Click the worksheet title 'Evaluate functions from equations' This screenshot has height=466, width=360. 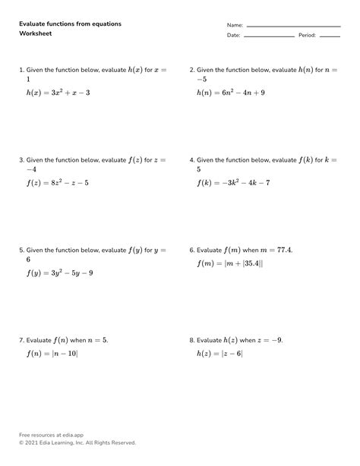tap(70, 24)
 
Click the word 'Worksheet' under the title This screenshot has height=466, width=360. tap(35, 35)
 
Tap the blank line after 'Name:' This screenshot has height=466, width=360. tap(293, 25)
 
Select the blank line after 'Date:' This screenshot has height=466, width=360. tap(269, 36)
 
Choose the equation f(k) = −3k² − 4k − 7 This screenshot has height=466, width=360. tap(233, 183)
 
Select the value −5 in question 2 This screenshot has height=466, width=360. tap(201, 80)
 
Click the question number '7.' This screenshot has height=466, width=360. tap(22, 340)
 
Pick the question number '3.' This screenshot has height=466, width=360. tap(22, 160)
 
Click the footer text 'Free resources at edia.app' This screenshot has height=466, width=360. tap(52, 435)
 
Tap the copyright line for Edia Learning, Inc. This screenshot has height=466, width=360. tap(77, 442)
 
